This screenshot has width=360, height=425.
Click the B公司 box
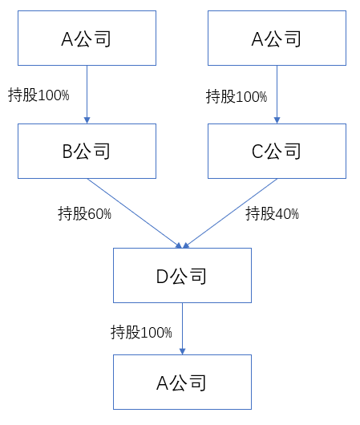point(87,151)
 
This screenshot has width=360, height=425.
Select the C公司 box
point(277,151)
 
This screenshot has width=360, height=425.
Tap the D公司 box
point(183,275)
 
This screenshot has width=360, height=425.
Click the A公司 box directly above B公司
point(87,38)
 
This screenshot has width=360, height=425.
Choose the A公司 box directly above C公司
point(277,38)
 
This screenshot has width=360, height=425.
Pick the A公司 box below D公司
point(183,382)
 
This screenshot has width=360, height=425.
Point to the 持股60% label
point(84,213)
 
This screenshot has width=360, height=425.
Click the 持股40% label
point(272,213)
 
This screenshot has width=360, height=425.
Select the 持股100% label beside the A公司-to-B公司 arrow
point(38,95)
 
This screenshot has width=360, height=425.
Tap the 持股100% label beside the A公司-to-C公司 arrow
point(237,96)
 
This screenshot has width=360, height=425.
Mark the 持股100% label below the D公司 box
point(141,332)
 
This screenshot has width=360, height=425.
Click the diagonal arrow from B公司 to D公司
point(135,213)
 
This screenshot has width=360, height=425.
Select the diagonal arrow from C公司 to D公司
point(230,213)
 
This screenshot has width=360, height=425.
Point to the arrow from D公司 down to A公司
point(183,329)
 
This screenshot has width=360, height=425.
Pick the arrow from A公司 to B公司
point(87,95)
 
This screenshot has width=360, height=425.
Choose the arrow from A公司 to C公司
point(277,95)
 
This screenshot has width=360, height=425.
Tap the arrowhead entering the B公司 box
point(87,120)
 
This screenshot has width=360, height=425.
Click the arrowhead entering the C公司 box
point(277,120)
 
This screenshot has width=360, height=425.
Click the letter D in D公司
point(163,277)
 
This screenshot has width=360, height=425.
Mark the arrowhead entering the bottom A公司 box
point(183,351)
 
